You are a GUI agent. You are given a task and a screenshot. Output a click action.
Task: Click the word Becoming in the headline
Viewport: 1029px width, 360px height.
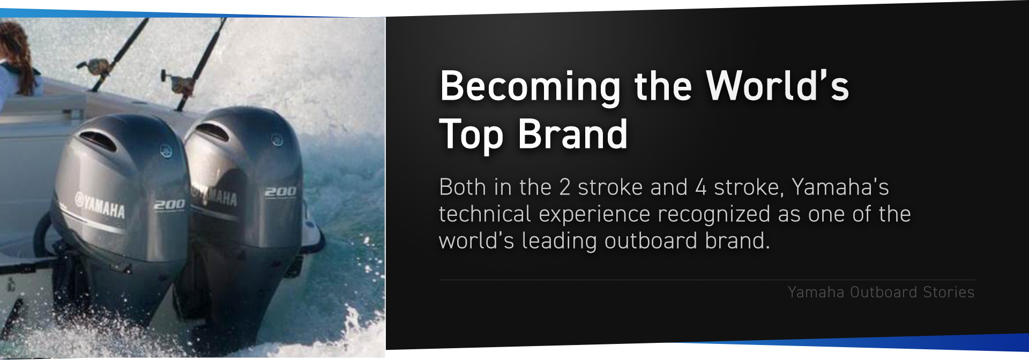click(530, 87)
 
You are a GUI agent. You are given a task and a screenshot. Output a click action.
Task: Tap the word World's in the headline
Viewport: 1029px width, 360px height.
click(777, 85)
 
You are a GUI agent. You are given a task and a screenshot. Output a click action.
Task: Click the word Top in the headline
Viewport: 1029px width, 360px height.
click(471, 135)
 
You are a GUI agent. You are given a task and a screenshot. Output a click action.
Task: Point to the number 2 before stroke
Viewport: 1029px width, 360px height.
click(564, 187)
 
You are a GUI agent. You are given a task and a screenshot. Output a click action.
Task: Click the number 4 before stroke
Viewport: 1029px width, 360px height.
click(700, 187)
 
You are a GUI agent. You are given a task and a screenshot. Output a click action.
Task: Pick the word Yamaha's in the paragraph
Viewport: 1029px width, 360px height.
click(840, 187)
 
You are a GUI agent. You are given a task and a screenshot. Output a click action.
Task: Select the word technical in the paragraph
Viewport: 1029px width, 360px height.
click(485, 214)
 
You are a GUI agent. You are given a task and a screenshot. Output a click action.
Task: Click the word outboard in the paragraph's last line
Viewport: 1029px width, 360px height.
click(651, 241)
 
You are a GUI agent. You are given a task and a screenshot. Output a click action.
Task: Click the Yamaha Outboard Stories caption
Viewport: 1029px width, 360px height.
click(881, 292)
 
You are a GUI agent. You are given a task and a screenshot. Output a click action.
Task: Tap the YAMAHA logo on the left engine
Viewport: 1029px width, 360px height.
click(100, 205)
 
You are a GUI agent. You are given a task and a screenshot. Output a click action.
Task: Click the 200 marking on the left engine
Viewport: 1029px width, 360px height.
click(169, 205)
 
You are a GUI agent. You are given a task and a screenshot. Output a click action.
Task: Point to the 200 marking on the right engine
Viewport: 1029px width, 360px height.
click(280, 191)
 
